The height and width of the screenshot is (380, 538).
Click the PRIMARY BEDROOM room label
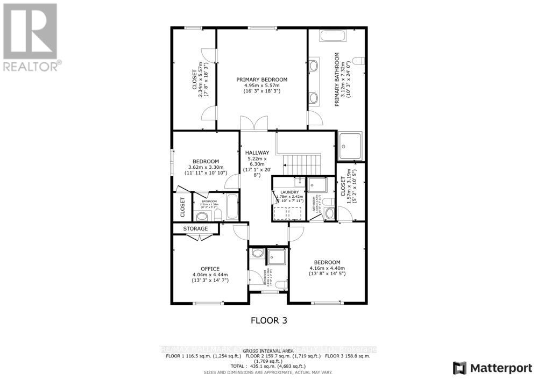[x=262, y=80]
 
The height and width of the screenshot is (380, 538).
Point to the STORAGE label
[x=195, y=229]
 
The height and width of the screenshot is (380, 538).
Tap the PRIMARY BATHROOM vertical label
[x=337, y=79]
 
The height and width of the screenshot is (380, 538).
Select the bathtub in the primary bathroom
[x=334, y=36]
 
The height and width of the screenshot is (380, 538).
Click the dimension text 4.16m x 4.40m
[x=327, y=268]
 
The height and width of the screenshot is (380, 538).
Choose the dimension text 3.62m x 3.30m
[x=207, y=167]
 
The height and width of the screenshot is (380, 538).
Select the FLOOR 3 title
[x=269, y=320]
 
